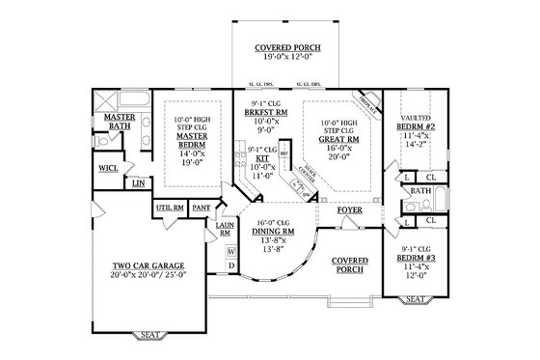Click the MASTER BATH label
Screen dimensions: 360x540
click(x=125, y=122)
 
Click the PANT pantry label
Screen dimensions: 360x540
click(x=202, y=207)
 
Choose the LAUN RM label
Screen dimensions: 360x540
click(x=225, y=229)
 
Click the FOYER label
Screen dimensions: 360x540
click(x=349, y=209)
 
